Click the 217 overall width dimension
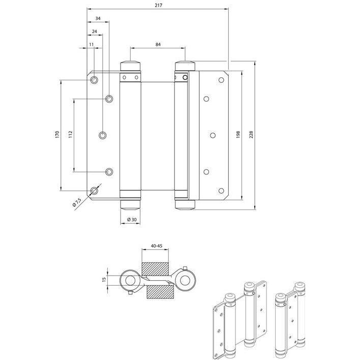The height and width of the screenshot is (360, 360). [x=159, y=5]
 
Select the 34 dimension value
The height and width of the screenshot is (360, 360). [x=98, y=19]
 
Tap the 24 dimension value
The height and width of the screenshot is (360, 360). [x=95, y=32]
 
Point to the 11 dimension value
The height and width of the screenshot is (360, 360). [x=92, y=44]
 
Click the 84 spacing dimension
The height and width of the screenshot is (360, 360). [x=158, y=44]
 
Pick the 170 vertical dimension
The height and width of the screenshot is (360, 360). [x=57, y=134]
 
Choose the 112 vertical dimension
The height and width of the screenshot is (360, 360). [x=71, y=134]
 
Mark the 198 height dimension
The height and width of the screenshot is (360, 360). [x=238, y=134]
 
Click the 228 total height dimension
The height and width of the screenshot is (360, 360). [x=251, y=134]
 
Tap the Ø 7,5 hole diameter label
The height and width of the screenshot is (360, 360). [x=77, y=202]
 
